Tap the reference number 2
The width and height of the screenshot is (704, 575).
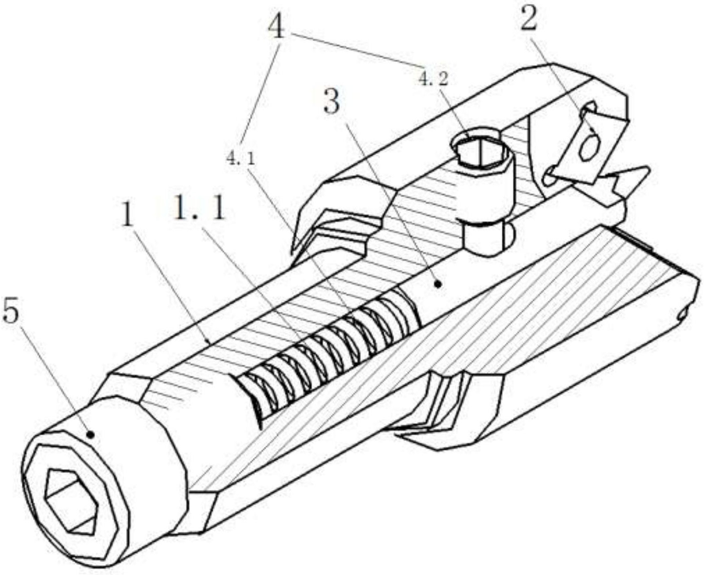528,19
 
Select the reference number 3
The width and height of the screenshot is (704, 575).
332,102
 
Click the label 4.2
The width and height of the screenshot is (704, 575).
433,80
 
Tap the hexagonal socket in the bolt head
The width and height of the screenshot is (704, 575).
71,500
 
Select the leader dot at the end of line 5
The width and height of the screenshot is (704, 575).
90,434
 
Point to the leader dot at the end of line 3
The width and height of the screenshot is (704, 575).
438,283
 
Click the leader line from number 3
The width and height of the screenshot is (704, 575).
391,205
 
